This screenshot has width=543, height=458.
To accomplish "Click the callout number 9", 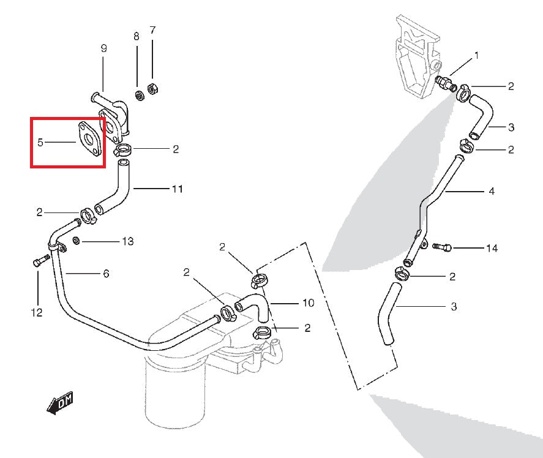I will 103,48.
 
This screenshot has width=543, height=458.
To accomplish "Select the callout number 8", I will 137,36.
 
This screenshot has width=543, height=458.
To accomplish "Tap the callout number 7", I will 152,30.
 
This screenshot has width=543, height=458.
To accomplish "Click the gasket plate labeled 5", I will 90,138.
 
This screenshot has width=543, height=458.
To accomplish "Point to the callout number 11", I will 177,189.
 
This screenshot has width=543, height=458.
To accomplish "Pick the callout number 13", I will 127,241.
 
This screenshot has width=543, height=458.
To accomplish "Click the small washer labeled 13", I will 76,239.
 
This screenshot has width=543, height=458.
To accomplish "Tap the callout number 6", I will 106,274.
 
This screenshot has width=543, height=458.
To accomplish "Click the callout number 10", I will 308,302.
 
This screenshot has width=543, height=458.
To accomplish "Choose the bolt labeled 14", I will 442,247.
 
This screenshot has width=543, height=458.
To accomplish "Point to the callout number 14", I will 492,248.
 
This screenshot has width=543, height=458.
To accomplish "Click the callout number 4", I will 492,192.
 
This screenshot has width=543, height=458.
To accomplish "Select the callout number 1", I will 476,56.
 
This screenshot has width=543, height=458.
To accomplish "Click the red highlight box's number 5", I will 40,143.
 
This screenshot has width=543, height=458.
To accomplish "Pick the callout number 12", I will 37,313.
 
